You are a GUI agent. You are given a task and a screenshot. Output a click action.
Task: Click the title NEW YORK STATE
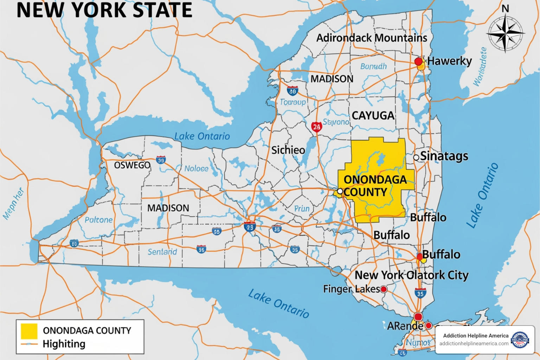[x=104, y=10]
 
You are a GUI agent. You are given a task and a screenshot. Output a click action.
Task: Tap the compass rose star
[x=505, y=33]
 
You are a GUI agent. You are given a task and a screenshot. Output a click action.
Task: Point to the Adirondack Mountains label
[x=372, y=38]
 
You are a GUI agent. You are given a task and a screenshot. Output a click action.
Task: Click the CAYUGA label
[x=373, y=115]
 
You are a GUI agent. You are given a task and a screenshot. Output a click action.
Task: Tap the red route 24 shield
[x=316, y=127]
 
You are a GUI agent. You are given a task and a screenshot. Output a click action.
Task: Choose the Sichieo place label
[x=288, y=150]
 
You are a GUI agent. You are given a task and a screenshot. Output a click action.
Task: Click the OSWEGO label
[x=132, y=165]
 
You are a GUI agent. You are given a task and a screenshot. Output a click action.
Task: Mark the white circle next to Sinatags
[x=416, y=157]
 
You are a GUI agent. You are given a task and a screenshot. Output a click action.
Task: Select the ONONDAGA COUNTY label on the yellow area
[x=375, y=186]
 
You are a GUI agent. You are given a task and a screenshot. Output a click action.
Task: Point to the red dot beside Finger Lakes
[x=384, y=289]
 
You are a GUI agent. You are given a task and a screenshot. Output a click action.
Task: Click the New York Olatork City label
[x=411, y=275]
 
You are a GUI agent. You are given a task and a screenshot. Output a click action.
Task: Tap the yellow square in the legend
[x=29, y=331]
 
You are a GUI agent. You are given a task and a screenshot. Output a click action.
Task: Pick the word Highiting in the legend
[x=64, y=344]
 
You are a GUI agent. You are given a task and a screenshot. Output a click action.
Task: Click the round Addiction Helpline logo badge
[x=520, y=340]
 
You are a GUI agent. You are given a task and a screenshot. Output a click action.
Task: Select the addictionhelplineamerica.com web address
[x=474, y=343]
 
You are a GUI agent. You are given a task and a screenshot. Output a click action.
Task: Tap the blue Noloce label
[x=196, y=169]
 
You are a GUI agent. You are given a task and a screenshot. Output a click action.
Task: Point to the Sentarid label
[x=162, y=252]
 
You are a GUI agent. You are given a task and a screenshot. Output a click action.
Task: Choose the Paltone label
[x=98, y=220]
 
